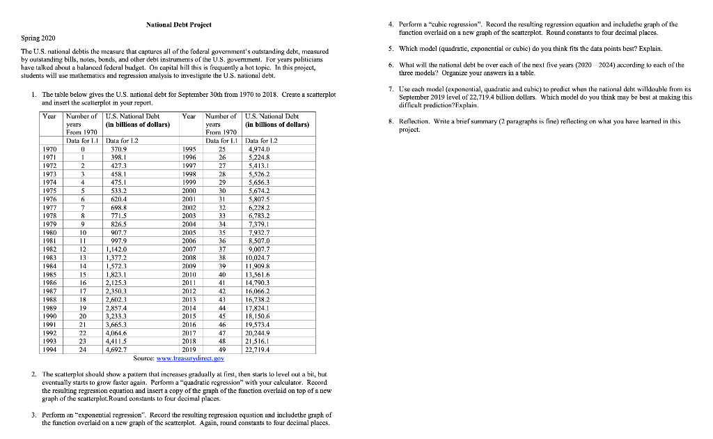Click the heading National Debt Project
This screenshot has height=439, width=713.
[x=179, y=25]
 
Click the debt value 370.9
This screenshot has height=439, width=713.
[x=119, y=148]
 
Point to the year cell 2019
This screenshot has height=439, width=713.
[x=190, y=350]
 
